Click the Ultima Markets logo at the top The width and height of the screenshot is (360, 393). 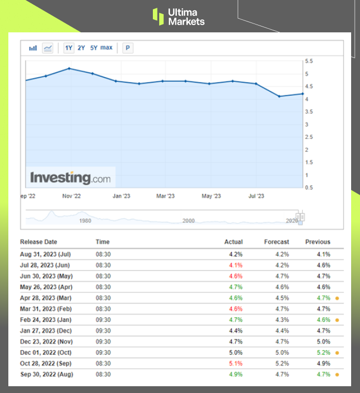click(178, 16)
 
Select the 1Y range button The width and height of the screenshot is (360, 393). click(69, 48)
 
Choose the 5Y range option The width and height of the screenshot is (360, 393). click(93, 48)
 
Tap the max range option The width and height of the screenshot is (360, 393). click(106, 48)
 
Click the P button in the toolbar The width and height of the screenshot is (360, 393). click(128, 48)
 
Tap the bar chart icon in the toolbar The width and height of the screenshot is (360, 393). click(33, 48)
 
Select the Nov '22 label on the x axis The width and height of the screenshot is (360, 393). click(71, 196)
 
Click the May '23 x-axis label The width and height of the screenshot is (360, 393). click(211, 196)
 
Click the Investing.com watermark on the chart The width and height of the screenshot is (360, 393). click(70, 178)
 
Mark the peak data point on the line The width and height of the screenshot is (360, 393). click(69, 68)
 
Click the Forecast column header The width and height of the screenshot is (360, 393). click(277, 242)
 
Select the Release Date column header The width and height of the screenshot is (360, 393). click(39, 242)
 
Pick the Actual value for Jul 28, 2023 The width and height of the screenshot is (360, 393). click(235, 265)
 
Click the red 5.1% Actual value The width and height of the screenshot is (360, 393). click(235, 363)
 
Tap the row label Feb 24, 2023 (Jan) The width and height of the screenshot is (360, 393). click(45, 320)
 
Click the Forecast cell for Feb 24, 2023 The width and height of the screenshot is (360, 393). click(282, 320)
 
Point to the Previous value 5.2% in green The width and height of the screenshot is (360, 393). click(323, 353)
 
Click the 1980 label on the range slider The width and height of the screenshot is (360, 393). click(85, 221)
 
